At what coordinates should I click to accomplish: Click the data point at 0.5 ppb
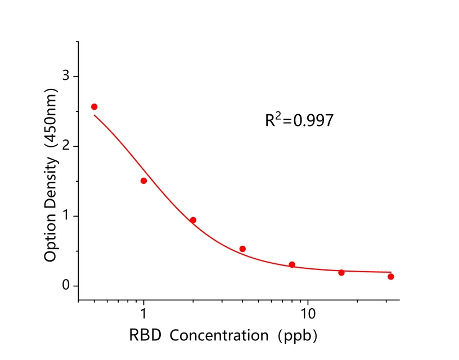click(x=94, y=107)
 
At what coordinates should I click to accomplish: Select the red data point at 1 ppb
click(x=143, y=181)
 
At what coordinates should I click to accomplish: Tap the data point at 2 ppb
click(x=193, y=220)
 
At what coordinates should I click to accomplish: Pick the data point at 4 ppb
click(x=242, y=249)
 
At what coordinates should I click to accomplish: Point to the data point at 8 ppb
click(x=292, y=264)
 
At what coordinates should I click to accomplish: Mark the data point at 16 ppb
click(x=341, y=272)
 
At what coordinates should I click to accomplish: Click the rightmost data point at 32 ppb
click(x=390, y=276)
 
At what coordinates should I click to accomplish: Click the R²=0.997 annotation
click(x=299, y=120)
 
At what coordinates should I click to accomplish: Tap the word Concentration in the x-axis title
click(x=219, y=336)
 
